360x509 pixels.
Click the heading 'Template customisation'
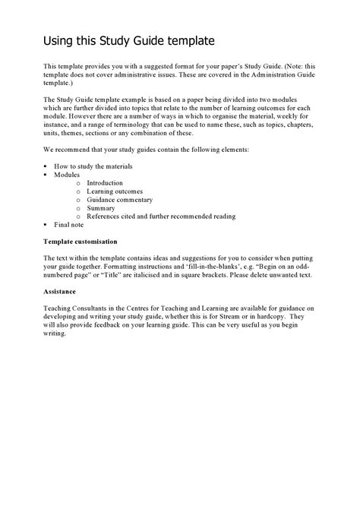(x=81, y=241)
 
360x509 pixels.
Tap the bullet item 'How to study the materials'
(x=93, y=166)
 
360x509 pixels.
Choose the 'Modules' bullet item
(x=66, y=174)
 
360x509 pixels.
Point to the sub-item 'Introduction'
(x=105, y=183)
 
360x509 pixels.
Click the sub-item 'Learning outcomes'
(x=113, y=191)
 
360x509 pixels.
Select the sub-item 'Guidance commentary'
(x=119, y=200)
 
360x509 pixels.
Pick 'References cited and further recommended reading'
(x=161, y=217)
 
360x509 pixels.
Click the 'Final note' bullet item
(x=69, y=225)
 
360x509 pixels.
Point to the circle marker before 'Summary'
(x=78, y=208)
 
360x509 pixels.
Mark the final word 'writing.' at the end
(x=55, y=334)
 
